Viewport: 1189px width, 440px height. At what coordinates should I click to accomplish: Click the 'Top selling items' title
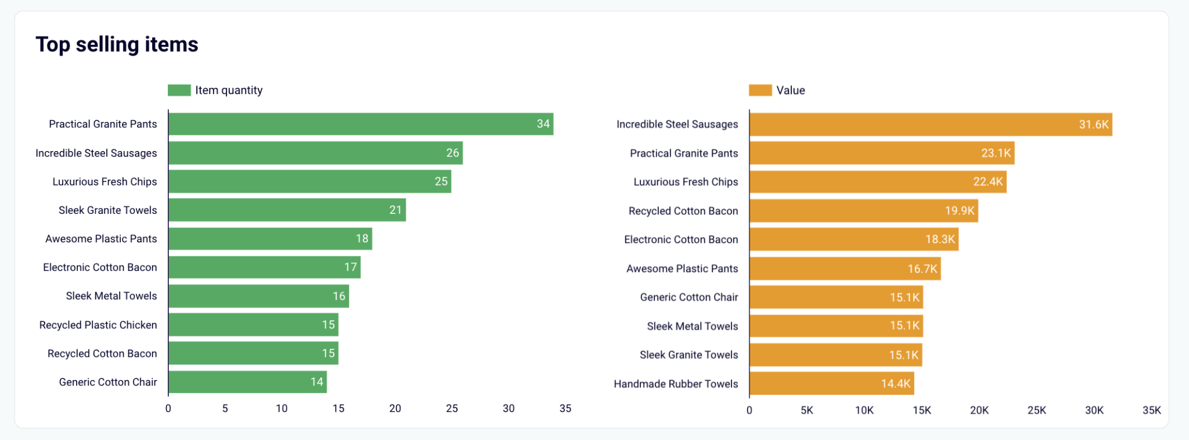(x=117, y=45)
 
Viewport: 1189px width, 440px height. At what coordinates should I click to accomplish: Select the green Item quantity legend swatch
(x=179, y=90)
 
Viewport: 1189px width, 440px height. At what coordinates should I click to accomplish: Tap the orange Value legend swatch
(x=760, y=90)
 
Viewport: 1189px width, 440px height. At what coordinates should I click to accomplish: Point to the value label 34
(x=543, y=124)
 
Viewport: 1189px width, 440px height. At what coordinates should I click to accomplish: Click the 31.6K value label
(x=1093, y=124)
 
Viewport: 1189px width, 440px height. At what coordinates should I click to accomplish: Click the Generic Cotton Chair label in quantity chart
(x=108, y=382)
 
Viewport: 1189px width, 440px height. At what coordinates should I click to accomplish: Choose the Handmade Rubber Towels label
(x=676, y=384)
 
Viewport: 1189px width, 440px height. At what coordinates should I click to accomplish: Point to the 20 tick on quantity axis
(x=395, y=409)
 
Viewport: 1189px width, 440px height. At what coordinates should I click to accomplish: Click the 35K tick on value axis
(x=1151, y=410)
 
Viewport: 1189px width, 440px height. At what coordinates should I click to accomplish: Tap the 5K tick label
(x=806, y=410)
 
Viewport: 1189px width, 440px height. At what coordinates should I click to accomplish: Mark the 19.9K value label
(x=959, y=210)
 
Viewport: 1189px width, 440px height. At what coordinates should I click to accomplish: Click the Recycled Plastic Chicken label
(x=98, y=325)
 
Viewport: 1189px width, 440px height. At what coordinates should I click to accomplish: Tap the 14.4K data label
(x=895, y=384)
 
